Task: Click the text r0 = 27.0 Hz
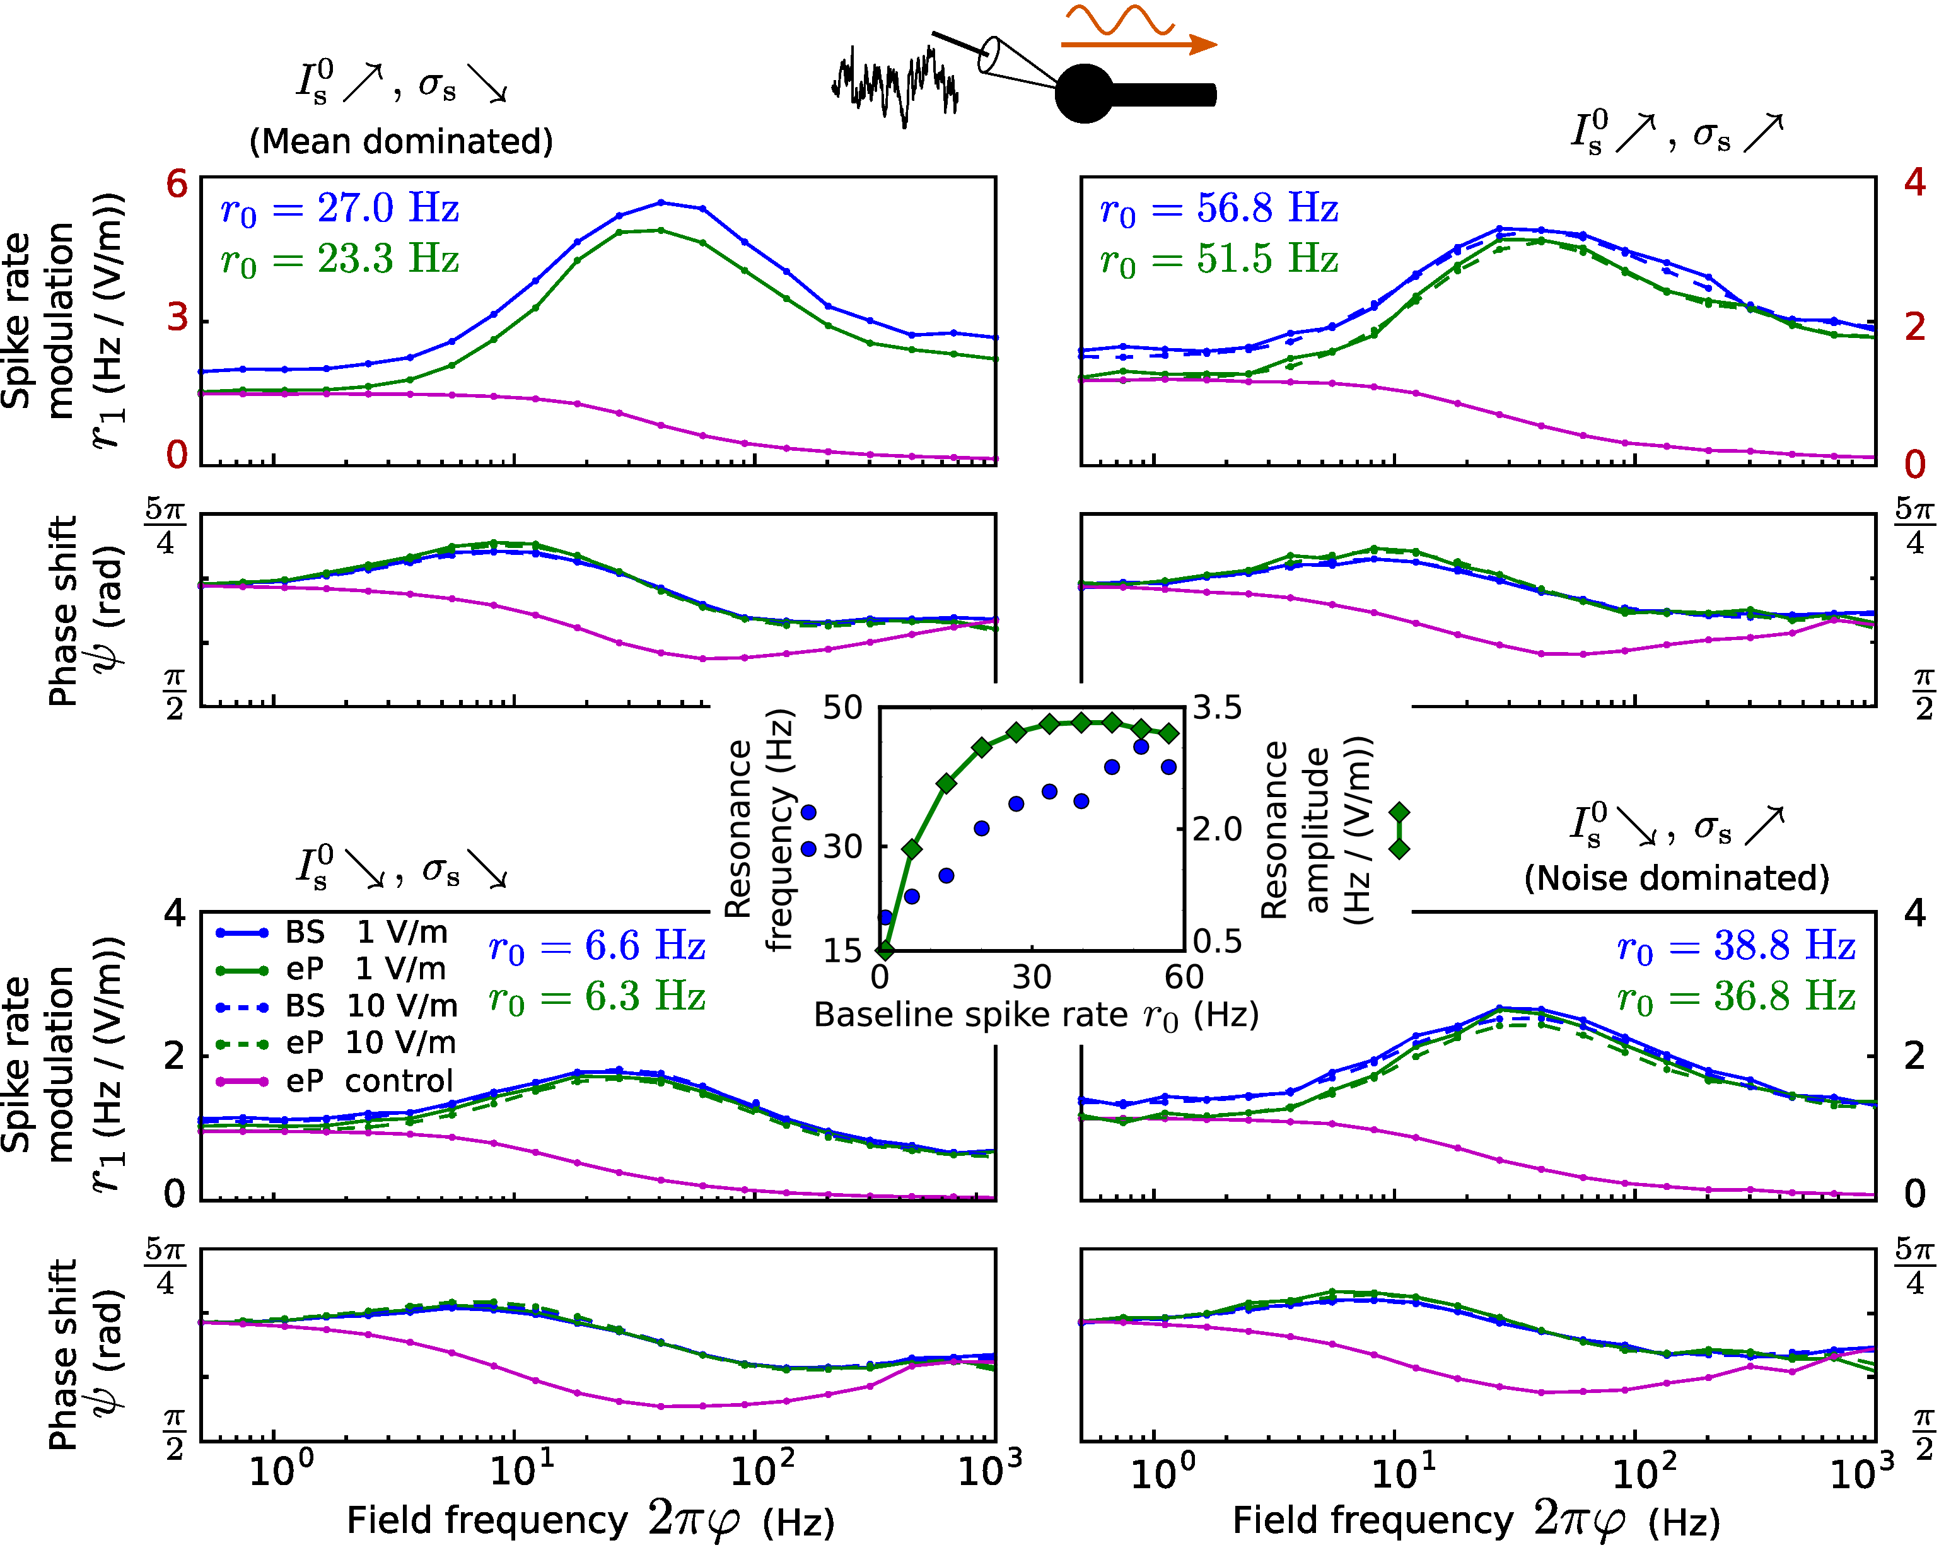(340, 209)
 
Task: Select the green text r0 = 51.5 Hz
(1220, 260)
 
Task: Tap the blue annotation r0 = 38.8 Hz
(1737, 947)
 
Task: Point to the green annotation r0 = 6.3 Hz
(597, 998)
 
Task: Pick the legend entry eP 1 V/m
(365, 969)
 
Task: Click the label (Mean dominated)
(401, 141)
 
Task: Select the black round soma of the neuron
(1085, 93)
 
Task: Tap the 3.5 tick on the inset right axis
(1218, 708)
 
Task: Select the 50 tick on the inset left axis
(842, 708)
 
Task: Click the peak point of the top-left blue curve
(661, 202)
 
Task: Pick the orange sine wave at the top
(1120, 19)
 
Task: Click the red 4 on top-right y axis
(1914, 183)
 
